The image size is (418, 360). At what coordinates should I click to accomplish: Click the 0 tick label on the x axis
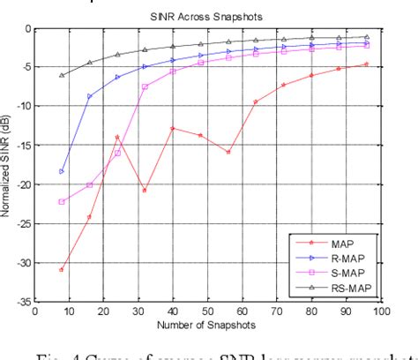(34, 311)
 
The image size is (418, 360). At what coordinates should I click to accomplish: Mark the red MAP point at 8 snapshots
(62, 270)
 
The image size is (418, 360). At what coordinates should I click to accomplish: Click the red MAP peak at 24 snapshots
(117, 137)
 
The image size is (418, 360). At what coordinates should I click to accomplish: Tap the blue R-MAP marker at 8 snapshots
(62, 171)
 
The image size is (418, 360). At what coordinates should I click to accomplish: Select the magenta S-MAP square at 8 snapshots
(62, 202)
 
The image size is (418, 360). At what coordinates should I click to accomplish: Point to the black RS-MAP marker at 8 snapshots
(62, 75)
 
